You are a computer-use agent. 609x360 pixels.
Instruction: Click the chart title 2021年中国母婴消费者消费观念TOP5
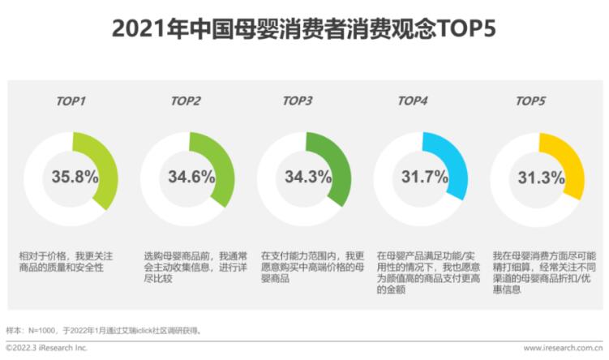(304, 29)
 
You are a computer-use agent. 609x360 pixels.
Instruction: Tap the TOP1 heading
(71, 101)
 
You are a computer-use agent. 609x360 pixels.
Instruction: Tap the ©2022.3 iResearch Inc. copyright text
(46, 349)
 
